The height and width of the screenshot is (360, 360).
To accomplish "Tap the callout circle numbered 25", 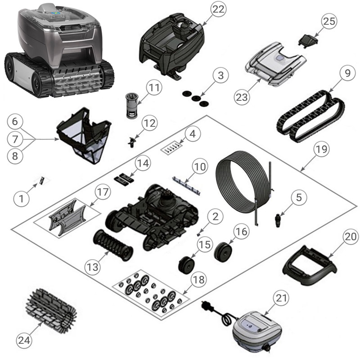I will coord(329,21).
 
